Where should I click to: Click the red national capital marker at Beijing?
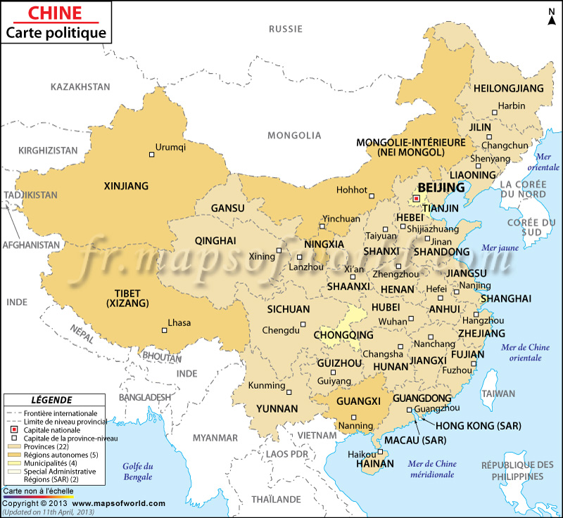pos(416,199)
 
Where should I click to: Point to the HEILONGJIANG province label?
pos(509,89)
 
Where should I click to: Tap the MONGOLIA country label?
pos(294,135)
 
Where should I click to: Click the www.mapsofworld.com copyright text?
pos(118,503)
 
